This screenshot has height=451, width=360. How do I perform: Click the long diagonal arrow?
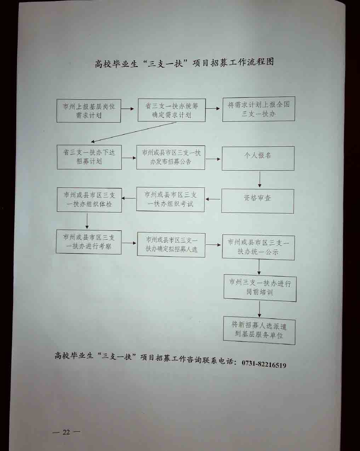[x=134, y=132]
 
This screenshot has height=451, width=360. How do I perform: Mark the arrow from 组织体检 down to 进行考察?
[x=87, y=221]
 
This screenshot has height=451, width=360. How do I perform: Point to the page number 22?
[x=66, y=432]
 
